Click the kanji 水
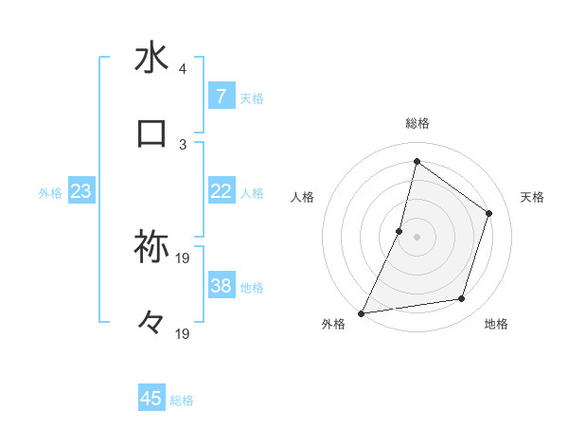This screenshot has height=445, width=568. pos(151,59)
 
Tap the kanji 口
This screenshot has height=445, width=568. pos(151,133)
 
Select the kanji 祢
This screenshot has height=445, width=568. pos(151,248)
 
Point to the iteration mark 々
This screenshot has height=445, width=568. pos(151,323)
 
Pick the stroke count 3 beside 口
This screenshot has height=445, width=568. pos(183,144)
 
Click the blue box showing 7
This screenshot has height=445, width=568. pos(221,97)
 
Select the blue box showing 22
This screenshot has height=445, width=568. pos(221,191)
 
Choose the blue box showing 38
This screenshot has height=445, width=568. pos(221,286)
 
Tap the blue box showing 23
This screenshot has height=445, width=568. pos(80,191)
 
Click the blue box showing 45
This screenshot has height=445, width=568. pos(151,399)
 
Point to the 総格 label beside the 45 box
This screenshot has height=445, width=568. pos(182,400)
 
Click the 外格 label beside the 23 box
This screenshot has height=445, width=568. pos(50,193)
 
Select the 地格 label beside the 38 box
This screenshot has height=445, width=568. pos(252,288)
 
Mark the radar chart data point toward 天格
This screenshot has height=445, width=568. pos(489,213)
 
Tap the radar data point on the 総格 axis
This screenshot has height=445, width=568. pos(417,162)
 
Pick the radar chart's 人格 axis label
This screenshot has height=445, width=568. pos(303,198)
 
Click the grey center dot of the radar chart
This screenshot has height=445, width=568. pos(417,237)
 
